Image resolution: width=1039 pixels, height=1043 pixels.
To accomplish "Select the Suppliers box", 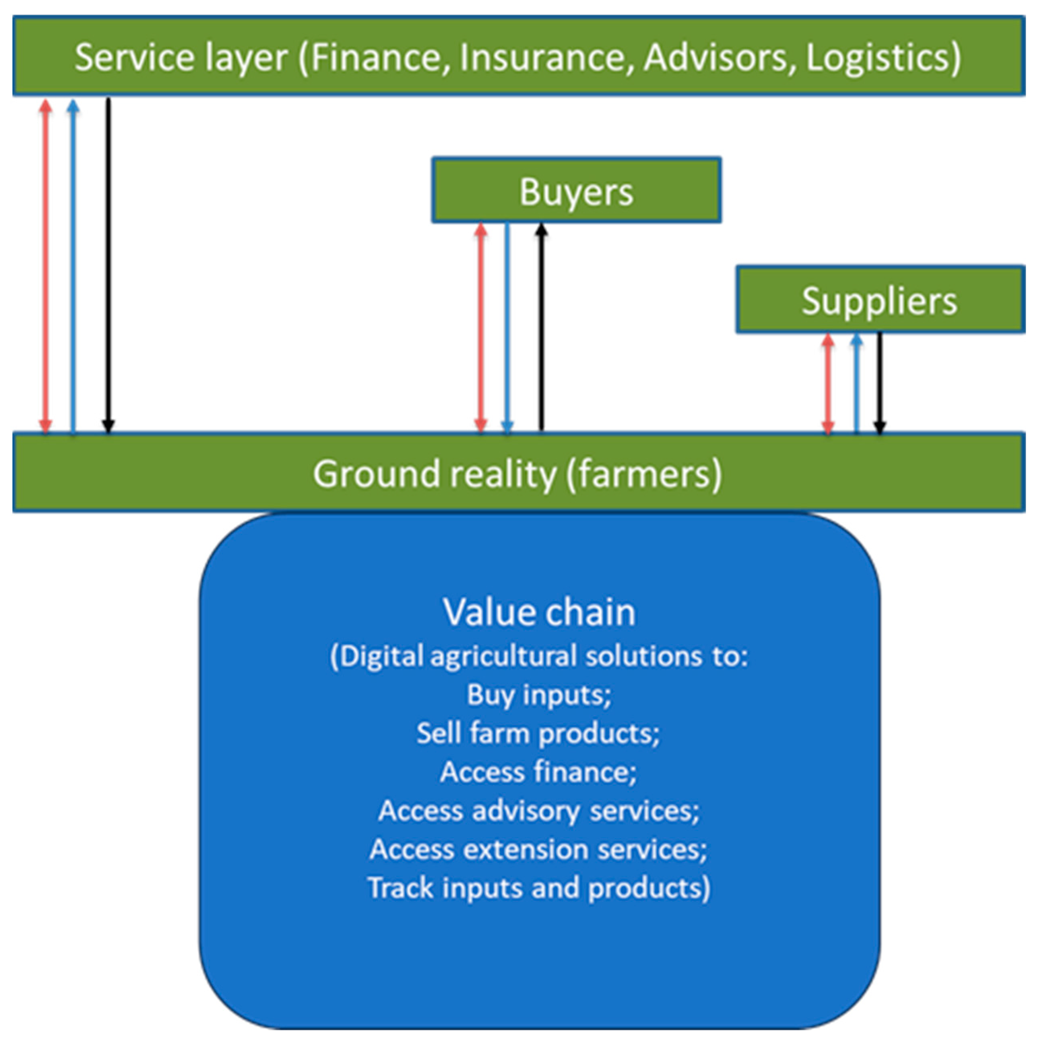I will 880,300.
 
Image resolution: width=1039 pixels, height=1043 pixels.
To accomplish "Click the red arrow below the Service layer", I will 46,265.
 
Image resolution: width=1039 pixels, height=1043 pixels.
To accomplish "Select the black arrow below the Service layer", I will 108,265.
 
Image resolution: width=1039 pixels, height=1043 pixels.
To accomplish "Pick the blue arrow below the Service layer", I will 73,265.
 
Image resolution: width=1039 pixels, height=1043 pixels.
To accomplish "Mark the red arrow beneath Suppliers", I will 828,383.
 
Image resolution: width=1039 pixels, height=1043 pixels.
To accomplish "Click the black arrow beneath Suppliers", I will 880,383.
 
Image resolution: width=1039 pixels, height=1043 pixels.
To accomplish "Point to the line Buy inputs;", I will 539,694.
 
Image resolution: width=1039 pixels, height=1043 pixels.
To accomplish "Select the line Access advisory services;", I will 539,810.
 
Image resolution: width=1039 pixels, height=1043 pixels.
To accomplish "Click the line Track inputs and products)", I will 539,888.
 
